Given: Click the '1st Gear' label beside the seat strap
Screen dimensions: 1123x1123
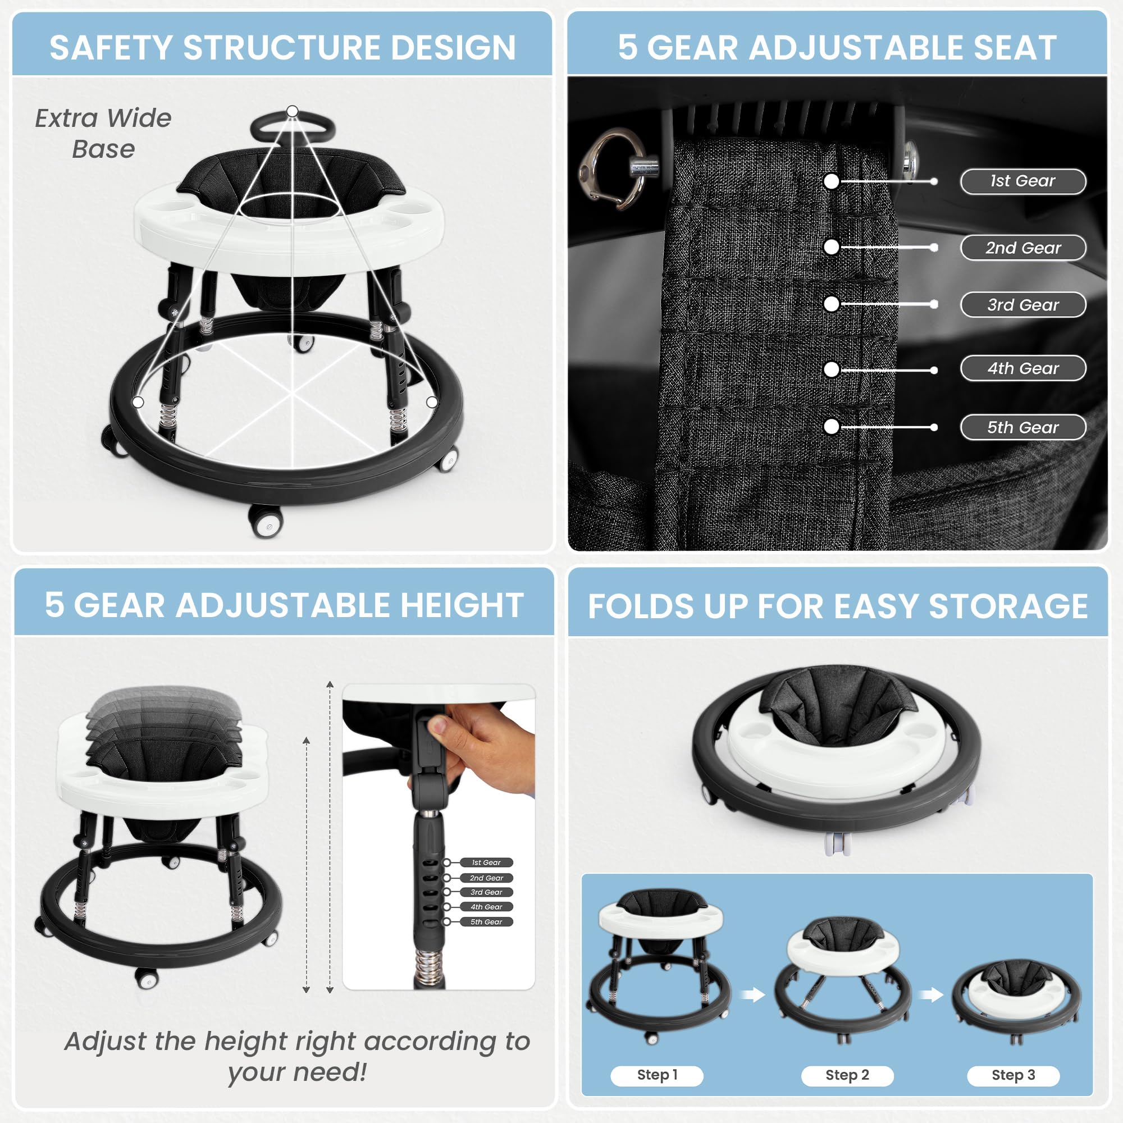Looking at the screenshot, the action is tap(1023, 181).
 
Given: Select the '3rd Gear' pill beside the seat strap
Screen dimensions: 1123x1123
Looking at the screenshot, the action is tap(1023, 304).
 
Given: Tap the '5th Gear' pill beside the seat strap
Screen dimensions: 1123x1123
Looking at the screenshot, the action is tap(1023, 427).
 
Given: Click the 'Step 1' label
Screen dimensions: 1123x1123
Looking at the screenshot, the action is tap(657, 1075).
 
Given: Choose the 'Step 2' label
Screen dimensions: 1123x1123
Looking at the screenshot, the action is tap(847, 1075).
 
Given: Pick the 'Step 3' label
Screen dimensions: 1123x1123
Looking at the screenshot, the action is tap(1013, 1075).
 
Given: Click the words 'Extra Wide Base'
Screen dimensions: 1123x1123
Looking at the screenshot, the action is tap(103, 134).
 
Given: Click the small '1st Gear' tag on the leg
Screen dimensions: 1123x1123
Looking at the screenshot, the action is tap(486, 862).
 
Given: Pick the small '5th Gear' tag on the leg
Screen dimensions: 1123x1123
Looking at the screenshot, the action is tap(486, 922).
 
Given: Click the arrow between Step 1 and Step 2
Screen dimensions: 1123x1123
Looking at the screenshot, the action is tap(753, 994).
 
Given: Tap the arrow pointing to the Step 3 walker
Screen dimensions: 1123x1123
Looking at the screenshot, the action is tap(931, 994).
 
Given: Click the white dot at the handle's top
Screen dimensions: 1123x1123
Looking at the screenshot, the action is tap(293, 111).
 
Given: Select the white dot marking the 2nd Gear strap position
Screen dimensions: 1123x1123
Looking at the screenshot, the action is tap(831, 247).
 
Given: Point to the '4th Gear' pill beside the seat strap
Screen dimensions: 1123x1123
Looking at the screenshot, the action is tap(1023, 368).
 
